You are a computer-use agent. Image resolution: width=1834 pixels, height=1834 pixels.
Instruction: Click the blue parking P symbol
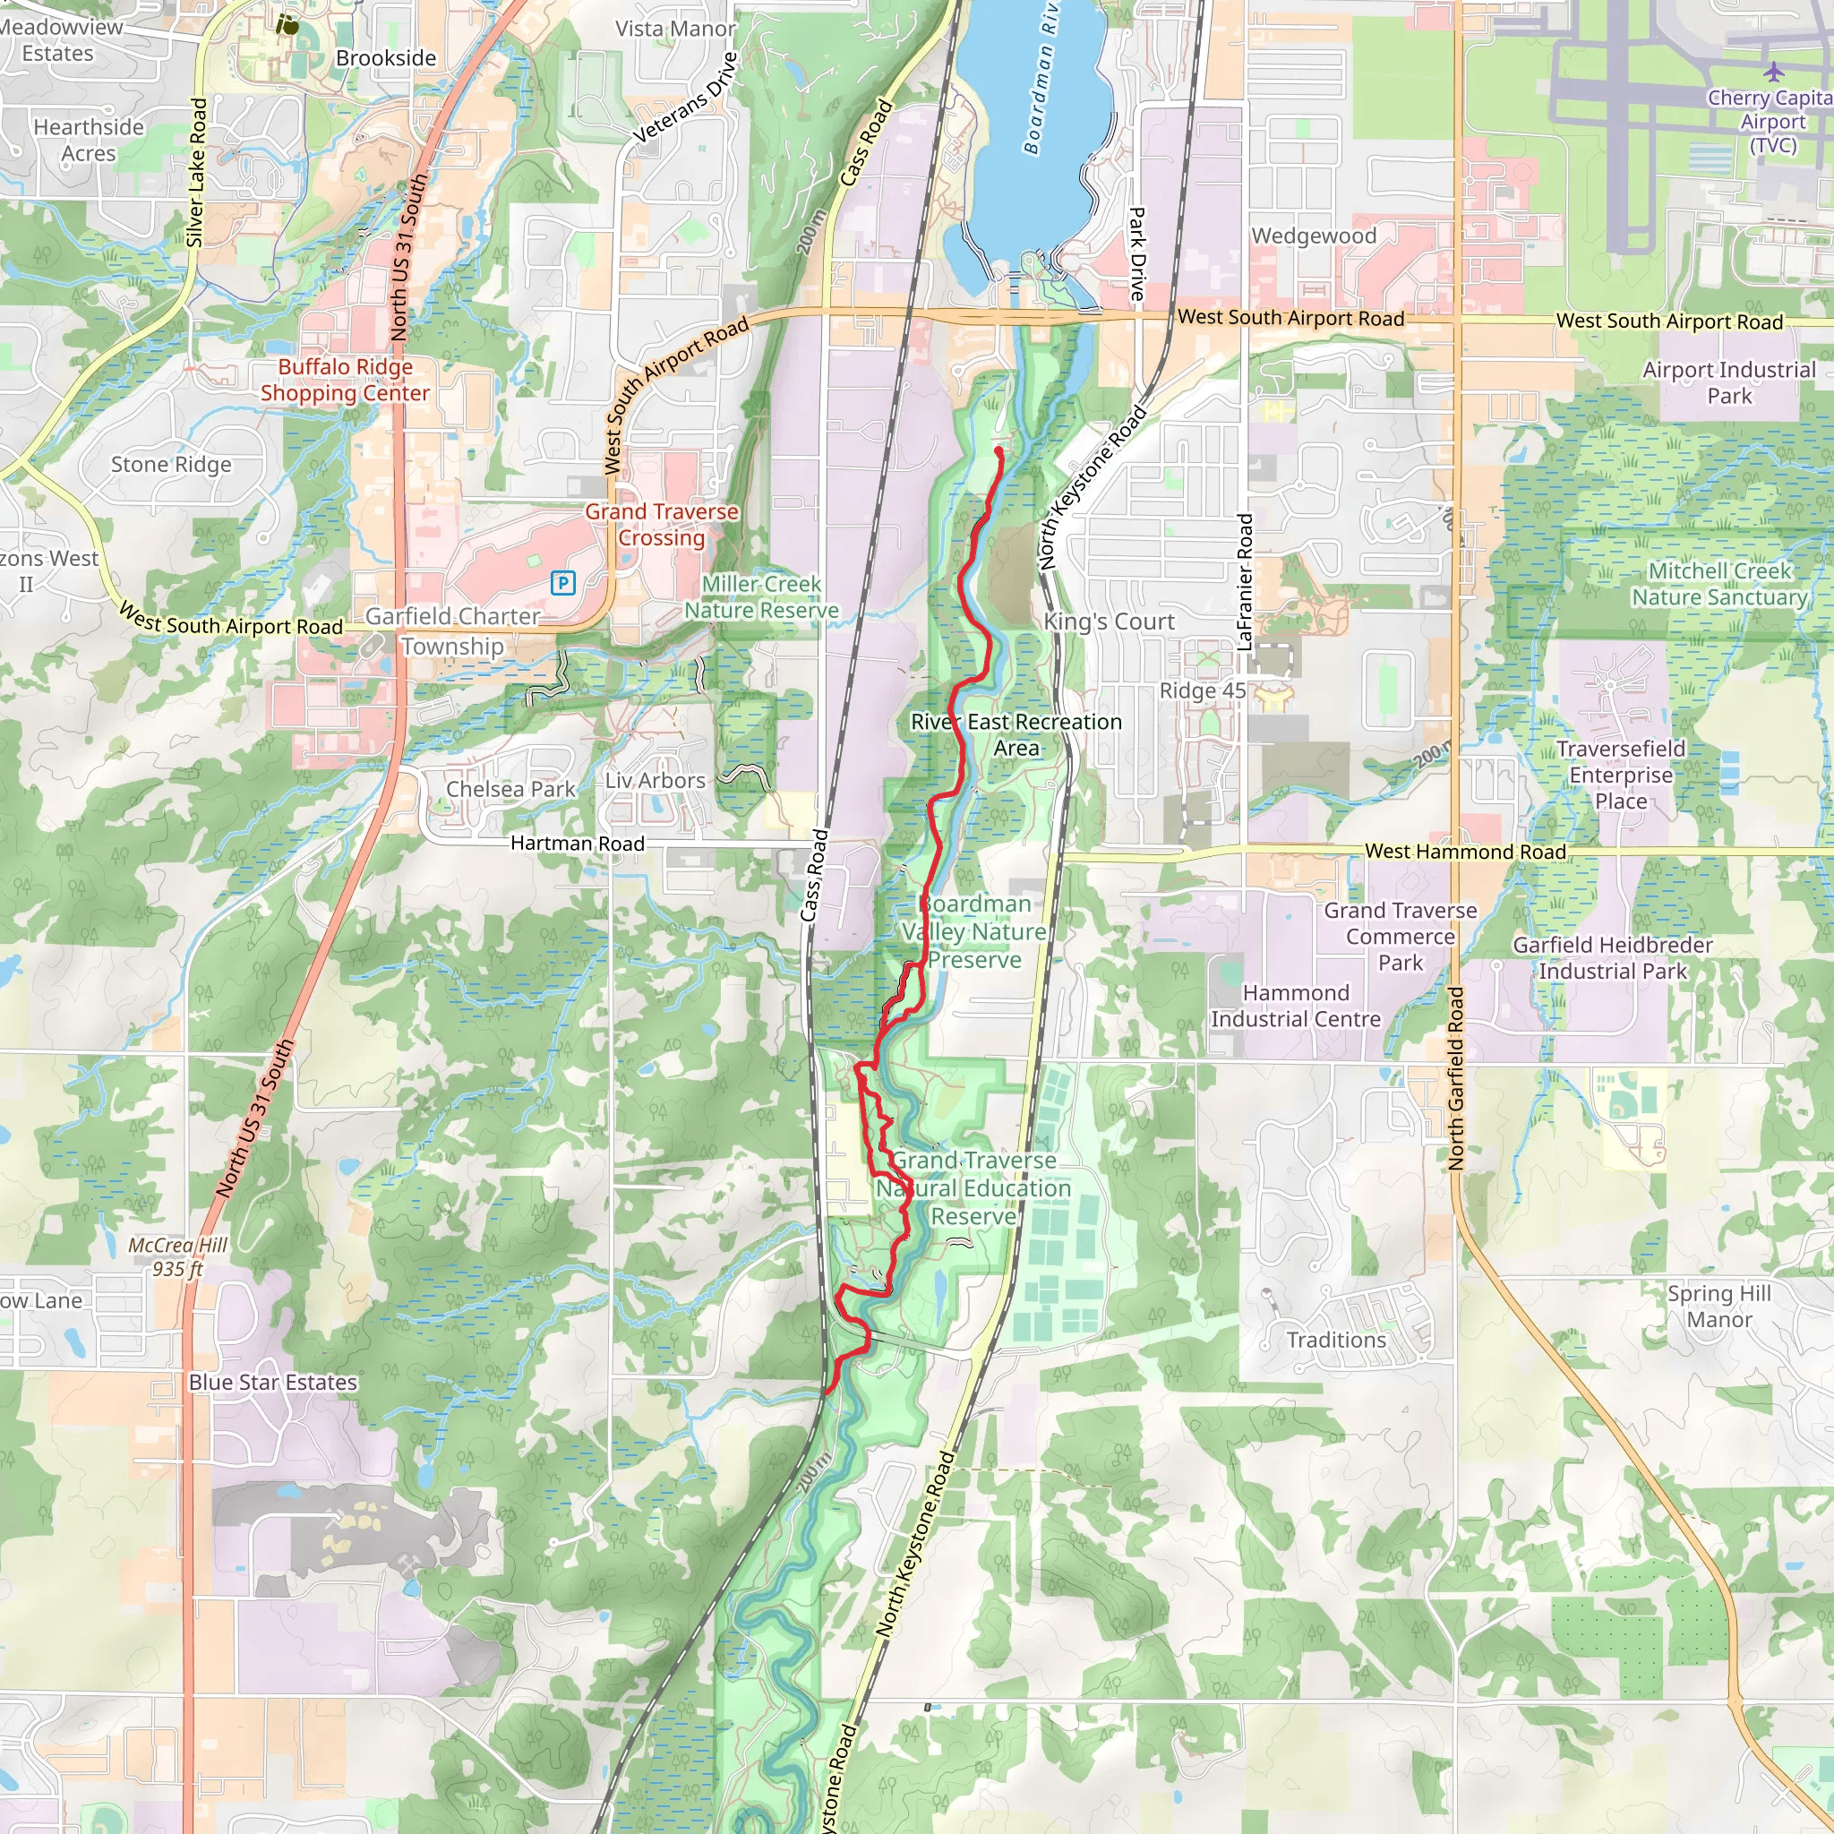coord(563,582)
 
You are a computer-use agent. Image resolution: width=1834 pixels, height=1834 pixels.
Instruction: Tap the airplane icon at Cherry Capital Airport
coord(1773,72)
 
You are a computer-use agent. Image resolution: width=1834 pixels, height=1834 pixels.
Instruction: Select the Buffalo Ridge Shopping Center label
coord(345,380)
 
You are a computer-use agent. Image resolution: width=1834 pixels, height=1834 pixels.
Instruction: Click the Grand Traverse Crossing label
coord(662,524)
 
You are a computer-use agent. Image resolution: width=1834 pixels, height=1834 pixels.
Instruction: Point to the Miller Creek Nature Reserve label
coord(761,597)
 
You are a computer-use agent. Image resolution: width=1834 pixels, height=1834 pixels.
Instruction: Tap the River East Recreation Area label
coord(1016,734)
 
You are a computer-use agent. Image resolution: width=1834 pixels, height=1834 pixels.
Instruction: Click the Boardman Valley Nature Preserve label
coord(975,931)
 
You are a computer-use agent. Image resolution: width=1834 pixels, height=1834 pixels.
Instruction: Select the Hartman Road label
coord(578,843)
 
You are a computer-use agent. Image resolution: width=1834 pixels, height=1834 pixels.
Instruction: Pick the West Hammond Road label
coord(1465,852)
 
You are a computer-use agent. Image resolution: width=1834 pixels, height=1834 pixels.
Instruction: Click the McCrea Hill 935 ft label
coord(177,1256)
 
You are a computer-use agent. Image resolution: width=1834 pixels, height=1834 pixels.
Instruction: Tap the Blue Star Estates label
coord(273,1382)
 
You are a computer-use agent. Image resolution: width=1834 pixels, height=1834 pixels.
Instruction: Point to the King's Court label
coord(1109,621)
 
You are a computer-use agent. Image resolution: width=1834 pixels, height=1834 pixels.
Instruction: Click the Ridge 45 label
coord(1202,691)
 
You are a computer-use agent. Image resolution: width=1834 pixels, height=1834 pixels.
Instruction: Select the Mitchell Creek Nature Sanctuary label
coord(1719,584)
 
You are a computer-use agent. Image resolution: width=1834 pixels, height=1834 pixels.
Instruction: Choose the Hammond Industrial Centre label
coord(1296,1006)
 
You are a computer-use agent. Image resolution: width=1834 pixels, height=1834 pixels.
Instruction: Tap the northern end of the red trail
coord(998,451)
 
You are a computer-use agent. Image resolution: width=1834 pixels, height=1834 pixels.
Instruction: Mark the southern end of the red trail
coord(828,1392)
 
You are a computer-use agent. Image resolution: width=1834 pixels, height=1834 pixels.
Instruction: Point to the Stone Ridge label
coord(171,464)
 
